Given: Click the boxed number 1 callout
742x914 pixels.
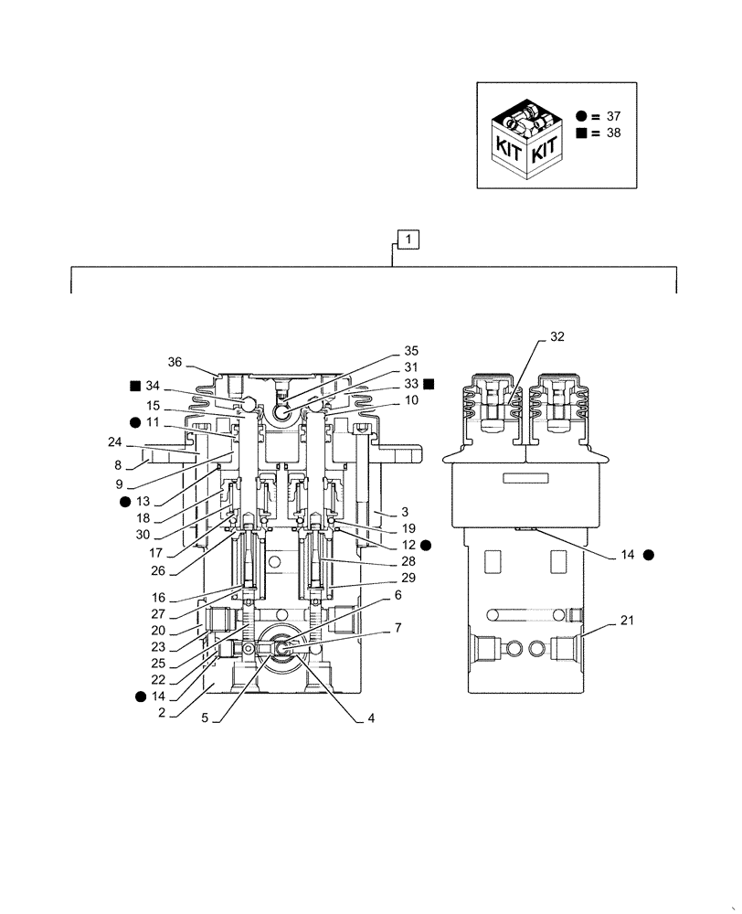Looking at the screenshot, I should click(x=408, y=240).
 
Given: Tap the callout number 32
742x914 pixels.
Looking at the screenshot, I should click(x=556, y=336).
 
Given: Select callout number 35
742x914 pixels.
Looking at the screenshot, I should click(x=410, y=351).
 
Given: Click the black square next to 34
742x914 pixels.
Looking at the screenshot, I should click(x=134, y=385).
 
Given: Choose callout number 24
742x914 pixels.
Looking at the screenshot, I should click(x=113, y=441).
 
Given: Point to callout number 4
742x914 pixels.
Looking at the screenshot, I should click(x=371, y=719).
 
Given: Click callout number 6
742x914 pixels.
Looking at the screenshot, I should click(x=397, y=594).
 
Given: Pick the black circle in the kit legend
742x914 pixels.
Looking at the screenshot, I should click(x=581, y=116).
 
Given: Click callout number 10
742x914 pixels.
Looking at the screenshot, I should click(x=410, y=399).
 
